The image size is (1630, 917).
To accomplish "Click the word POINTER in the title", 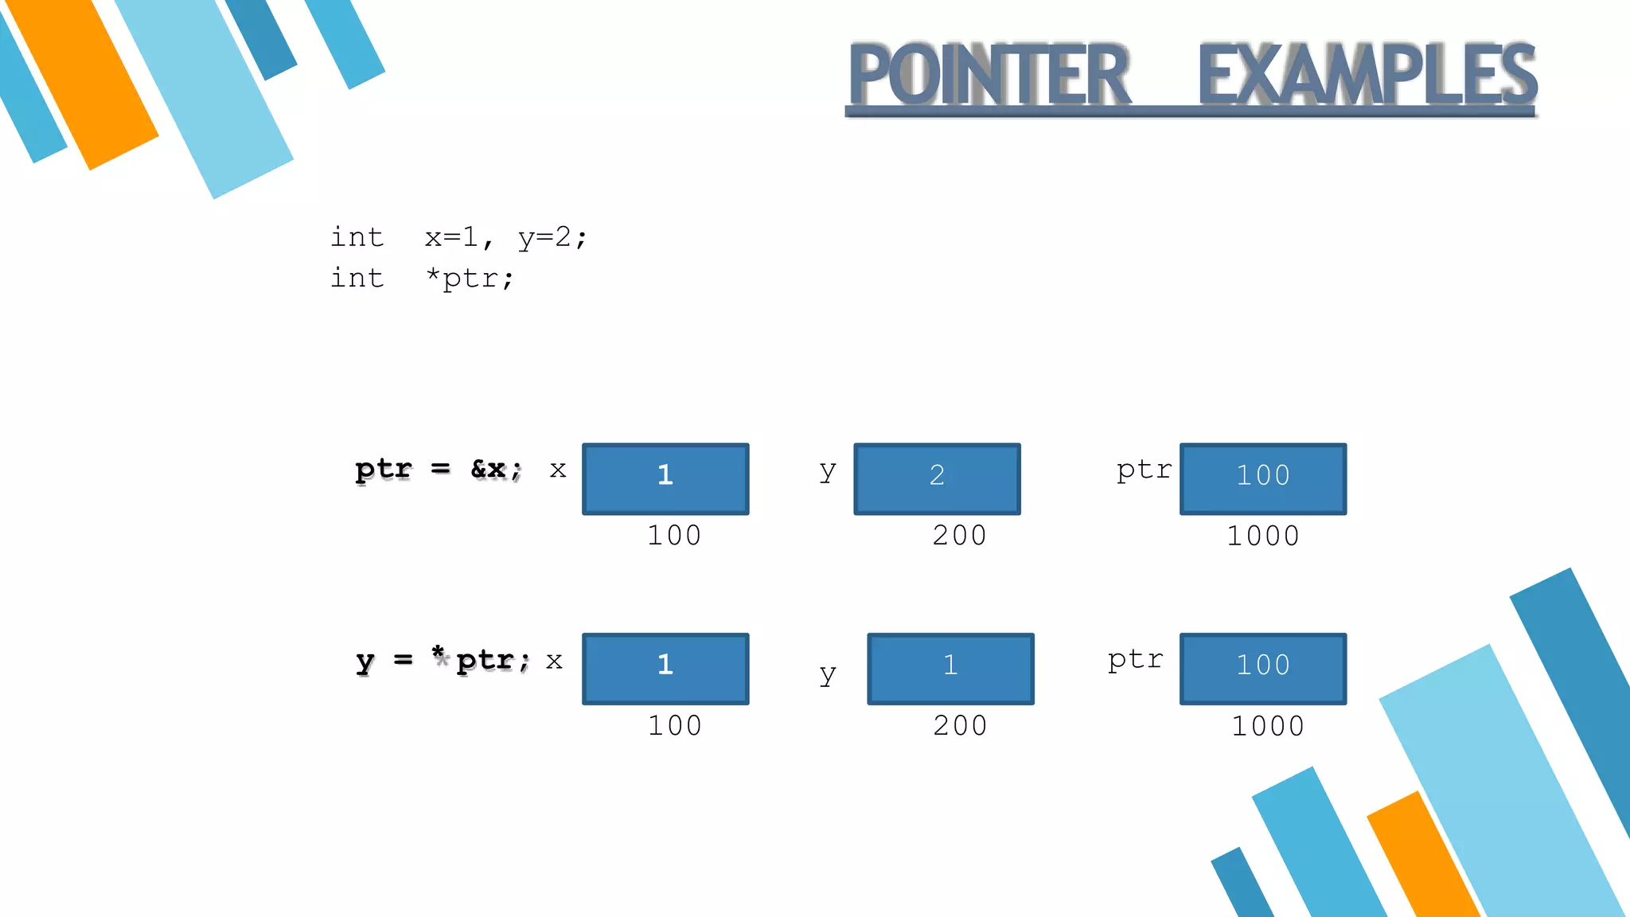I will pyautogui.click(x=989, y=75).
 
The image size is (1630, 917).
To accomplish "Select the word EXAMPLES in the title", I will pyautogui.click(x=1367, y=75).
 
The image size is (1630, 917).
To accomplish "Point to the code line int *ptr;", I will pyautogui.click(x=423, y=278).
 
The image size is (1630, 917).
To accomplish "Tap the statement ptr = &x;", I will pyautogui.click(x=439, y=470).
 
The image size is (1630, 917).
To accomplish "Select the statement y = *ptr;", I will pyautogui.click(x=443, y=661).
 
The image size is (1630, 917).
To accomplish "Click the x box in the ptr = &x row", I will pyautogui.click(x=665, y=478).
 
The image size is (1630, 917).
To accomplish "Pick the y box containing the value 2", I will pyautogui.click(x=937, y=478).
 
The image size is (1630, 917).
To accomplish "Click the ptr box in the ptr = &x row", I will pyautogui.click(x=1263, y=478).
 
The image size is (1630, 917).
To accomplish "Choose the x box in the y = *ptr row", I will pyautogui.click(x=665, y=669).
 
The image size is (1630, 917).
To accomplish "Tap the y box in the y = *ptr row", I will pyautogui.click(x=950, y=669).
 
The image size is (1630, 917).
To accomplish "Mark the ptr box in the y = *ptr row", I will pyautogui.click(x=1263, y=669).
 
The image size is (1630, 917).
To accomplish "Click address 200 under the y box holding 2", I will pyautogui.click(x=960, y=536).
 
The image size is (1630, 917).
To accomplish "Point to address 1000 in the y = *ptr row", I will pyautogui.click(x=1268, y=726).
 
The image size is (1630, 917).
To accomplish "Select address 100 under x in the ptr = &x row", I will pyautogui.click(x=674, y=536).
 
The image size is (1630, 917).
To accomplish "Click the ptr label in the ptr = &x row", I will pyautogui.click(x=1144, y=470).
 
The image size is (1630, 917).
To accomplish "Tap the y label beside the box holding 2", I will pyautogui.click(x=828, y=471).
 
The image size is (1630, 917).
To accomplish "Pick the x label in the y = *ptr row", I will pyautogui.click(x=554, y=661).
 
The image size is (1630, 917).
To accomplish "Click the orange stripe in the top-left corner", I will pyautogui.click(x=84, y=80).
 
